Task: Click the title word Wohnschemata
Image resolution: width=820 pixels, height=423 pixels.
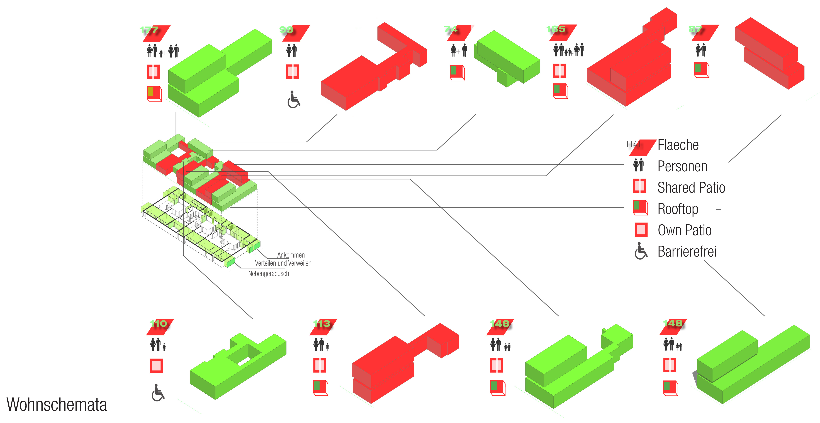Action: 57,405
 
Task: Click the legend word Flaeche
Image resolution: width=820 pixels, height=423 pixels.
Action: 678,145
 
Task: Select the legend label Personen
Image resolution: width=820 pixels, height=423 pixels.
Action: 682,166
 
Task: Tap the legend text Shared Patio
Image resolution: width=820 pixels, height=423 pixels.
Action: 691,188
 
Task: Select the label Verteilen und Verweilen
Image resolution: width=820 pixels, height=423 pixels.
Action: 283,263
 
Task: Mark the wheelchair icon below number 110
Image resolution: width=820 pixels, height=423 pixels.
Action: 158,393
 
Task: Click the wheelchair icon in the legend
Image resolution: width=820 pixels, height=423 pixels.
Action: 641,251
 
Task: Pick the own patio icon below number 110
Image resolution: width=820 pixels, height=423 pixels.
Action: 156,366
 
